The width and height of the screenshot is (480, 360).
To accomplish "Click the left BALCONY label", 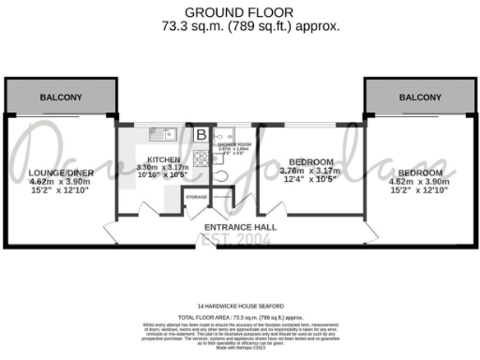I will point(61,97).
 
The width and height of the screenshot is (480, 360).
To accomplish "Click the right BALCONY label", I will point(419,97).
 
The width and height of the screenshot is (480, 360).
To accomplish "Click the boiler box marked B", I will point(201,134).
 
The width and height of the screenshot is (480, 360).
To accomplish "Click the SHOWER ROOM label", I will point(232,142).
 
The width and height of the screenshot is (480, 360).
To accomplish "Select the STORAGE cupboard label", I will point(196,197).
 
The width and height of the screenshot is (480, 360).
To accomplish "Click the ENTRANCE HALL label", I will point(240,227).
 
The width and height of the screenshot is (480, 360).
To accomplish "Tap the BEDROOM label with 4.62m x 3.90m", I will point(419,173).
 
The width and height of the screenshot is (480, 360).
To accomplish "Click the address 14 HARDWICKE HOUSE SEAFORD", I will point(240,306).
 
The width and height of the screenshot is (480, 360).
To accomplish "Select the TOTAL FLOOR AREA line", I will point(240,318).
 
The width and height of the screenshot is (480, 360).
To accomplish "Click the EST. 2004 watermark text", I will point(240,240).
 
